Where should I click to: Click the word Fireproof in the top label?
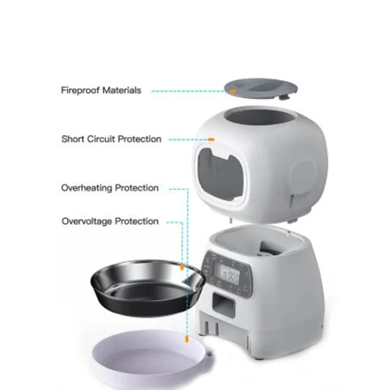click(x=80, y=90)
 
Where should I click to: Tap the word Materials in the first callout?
click(x=122, y=90)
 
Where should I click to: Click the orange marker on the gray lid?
click(x=233, y=91)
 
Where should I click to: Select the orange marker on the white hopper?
click(x=211, y=139)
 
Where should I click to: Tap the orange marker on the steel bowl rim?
click(x=182, y=267)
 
